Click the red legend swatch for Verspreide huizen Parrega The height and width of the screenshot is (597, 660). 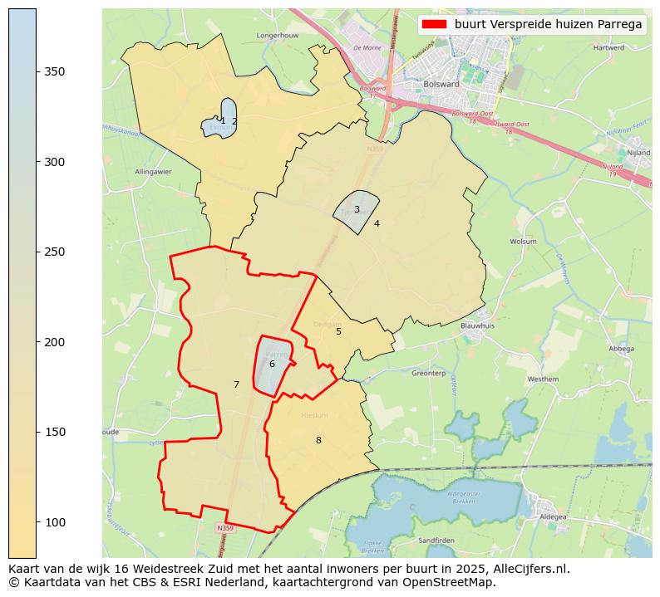click(434, 25)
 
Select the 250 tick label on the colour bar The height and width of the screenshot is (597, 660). click(55, 252)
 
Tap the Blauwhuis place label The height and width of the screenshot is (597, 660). click(477, 326)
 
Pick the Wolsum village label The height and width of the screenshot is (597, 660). click(523, 242)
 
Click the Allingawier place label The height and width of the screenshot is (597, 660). click(151, 172)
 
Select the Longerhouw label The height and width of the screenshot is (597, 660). click(278, 36)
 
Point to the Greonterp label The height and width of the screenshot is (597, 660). click(429, 374)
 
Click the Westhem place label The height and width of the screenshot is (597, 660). click(544, 379)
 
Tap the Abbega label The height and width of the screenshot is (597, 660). click(621, 349)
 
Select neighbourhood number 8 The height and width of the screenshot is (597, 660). click(318, 440)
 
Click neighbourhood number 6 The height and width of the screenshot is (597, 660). click(272, 364)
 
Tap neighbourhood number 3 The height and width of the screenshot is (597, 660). click(357, 209)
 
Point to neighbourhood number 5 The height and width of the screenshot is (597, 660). click(338, 331)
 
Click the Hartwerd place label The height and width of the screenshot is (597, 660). click(608, 48)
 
